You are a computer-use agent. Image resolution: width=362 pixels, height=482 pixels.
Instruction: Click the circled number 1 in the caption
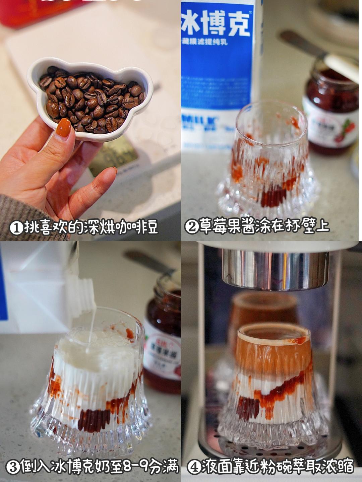pyautogui.click(x=16, y=228)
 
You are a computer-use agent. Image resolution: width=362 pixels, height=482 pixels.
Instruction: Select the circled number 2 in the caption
pyautogui.click(x=192, y=227)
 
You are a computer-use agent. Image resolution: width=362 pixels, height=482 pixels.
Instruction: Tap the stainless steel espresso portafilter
pyautogui.click(x=275, y=268)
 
